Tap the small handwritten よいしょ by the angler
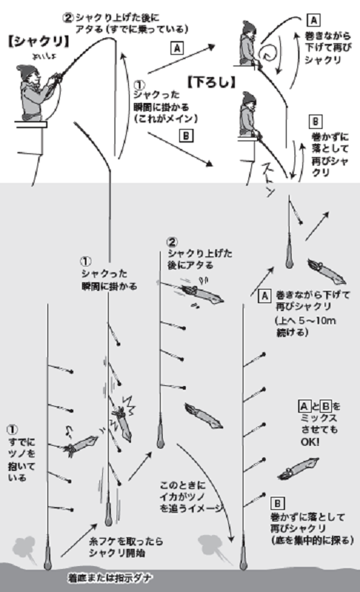coord(34,52)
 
